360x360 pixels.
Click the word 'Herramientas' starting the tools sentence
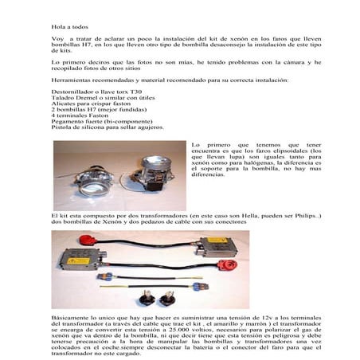point(71,80)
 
